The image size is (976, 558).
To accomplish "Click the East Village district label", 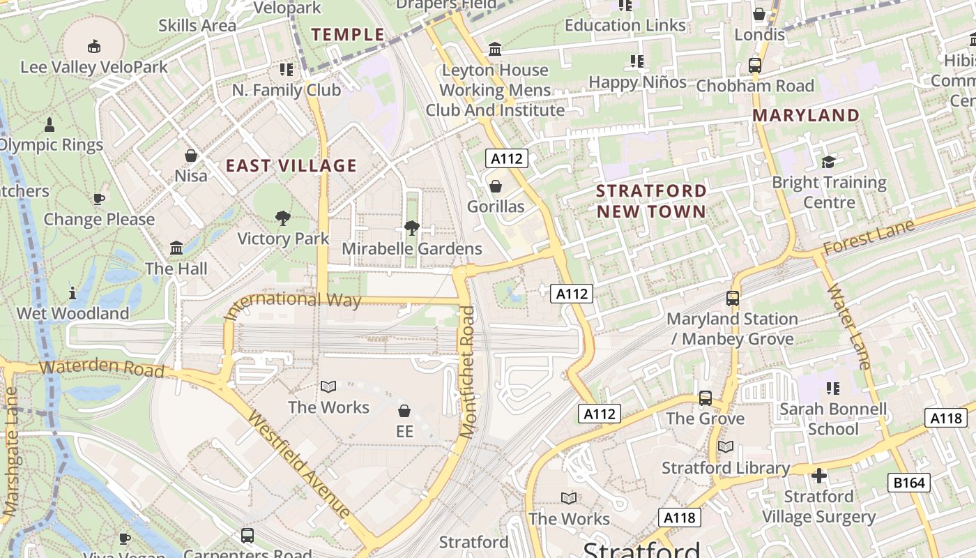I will [291, 166].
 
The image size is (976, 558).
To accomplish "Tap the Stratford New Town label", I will [651, 201].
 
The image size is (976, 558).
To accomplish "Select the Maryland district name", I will [806, 115].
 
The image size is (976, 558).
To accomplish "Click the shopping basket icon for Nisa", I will [191, 156].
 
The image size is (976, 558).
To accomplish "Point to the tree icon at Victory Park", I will [282, 218].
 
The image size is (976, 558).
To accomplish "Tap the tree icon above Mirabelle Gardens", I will [411, 228].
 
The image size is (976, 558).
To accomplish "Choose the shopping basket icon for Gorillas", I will [496, 186].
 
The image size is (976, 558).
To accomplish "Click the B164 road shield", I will [909, 483].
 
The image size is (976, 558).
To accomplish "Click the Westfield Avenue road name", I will [298, 465].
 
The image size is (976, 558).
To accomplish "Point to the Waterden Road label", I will [102, 368].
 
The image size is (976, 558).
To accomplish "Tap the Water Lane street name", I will [848, 325].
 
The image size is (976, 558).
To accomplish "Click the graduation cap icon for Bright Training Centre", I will [828, 162].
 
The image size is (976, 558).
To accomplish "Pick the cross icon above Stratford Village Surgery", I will [819, 476].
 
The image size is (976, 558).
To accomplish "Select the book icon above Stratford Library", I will [726, 447].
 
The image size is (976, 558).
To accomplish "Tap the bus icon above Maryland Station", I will [733, 298].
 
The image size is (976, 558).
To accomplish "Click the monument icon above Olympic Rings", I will [49, 125].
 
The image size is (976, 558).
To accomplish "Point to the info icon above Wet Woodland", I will [73, 293].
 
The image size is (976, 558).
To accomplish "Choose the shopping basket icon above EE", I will [404, 411].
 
